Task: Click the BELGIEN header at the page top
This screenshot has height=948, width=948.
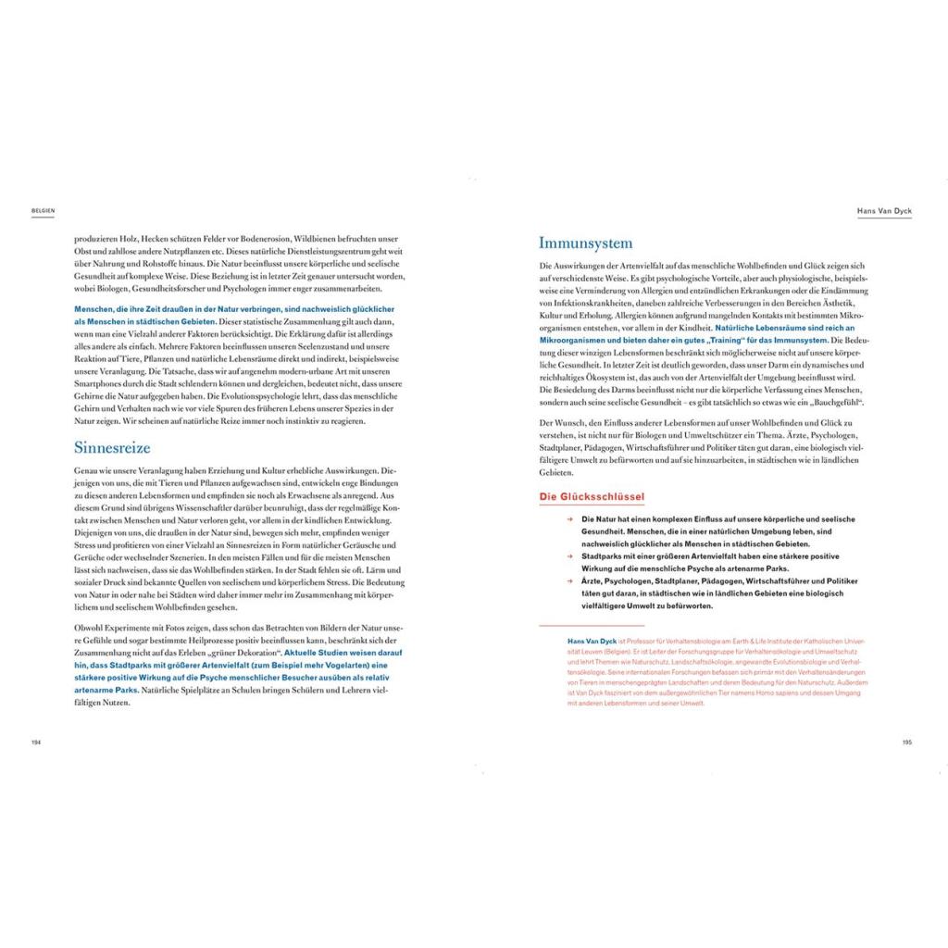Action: [44, 211]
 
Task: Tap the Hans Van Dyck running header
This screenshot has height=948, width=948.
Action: [885, 211]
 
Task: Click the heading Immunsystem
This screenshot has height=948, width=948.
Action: [586, 243]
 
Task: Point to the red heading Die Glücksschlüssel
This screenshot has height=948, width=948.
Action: [592, 497]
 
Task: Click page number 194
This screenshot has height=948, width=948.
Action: [37, 742]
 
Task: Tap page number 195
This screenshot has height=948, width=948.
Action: [907, 742]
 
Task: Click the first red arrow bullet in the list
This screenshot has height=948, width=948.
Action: [572, 520]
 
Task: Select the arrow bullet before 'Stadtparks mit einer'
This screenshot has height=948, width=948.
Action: [572, 556]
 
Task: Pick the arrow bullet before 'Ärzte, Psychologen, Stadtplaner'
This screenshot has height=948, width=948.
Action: [572, 580]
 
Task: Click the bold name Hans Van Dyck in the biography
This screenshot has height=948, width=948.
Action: [591, 640]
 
